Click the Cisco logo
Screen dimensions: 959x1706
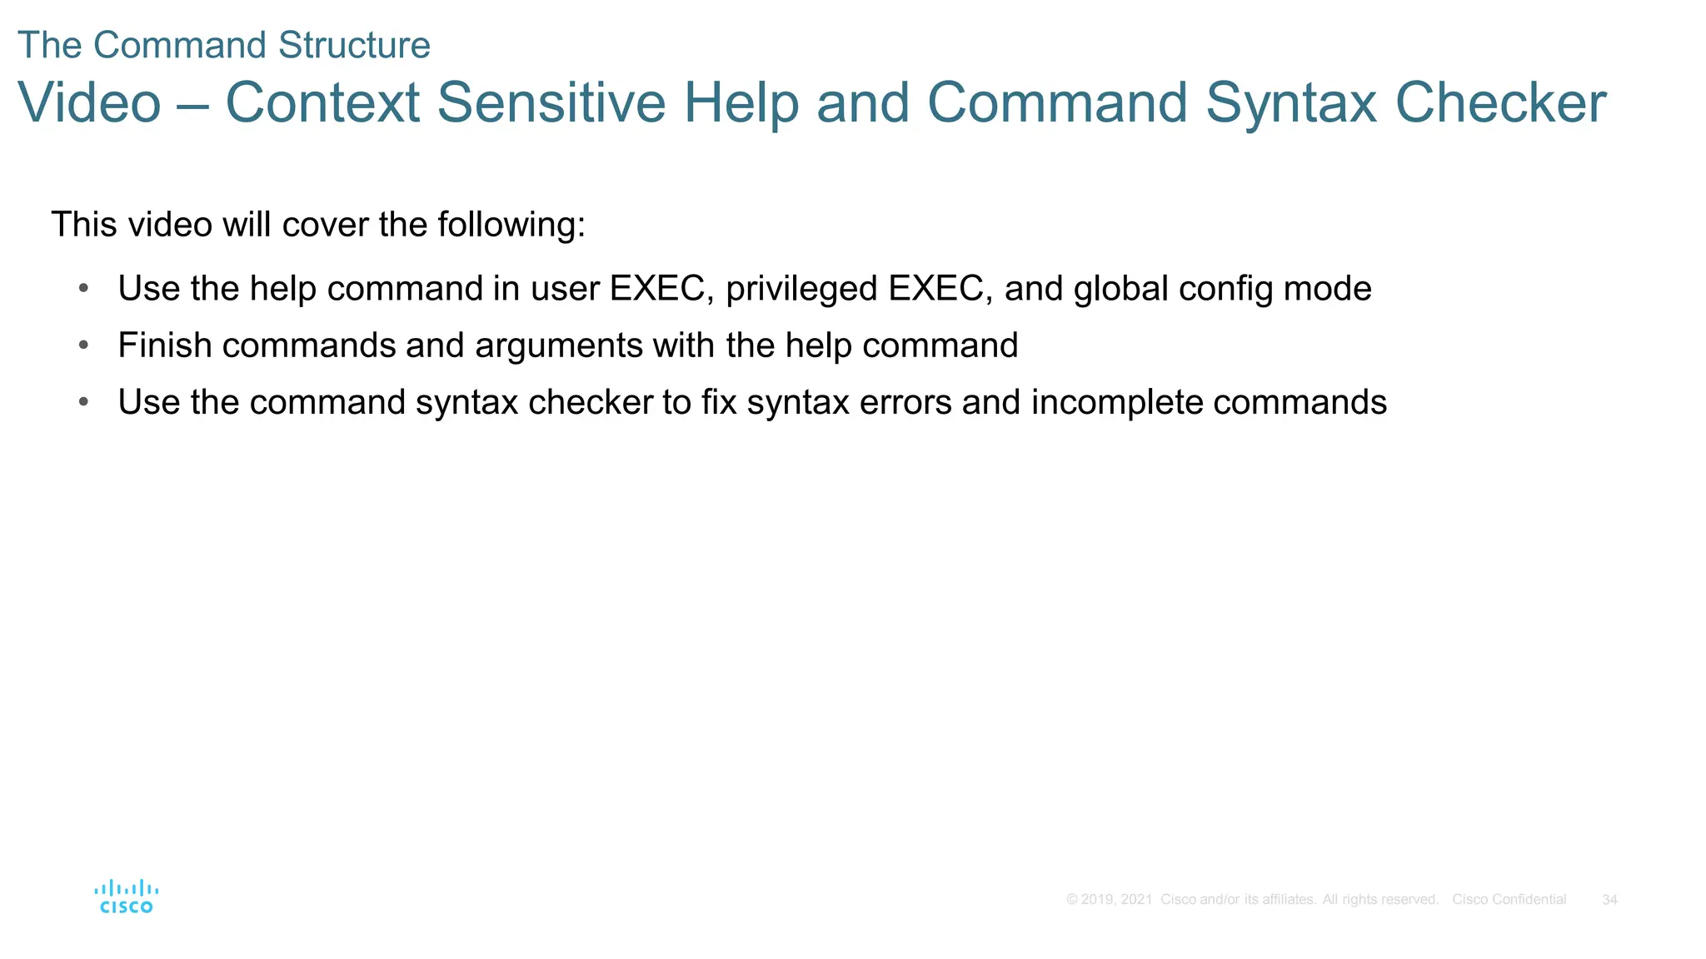[126, 897]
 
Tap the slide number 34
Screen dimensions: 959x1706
[1609, 900]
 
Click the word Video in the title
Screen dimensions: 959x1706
[89, 103]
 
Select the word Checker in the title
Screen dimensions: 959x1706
[1500, 103]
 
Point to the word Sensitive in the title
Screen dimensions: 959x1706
[551, 103]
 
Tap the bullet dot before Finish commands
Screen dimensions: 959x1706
[83, 345]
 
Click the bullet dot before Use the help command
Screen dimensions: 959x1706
[83, 289]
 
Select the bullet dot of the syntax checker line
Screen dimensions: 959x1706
[83, 402]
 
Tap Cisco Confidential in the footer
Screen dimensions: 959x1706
[1509, 900]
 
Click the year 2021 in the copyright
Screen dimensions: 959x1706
[1136, 900]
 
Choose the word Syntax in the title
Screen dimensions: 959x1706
[1290, 103]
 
